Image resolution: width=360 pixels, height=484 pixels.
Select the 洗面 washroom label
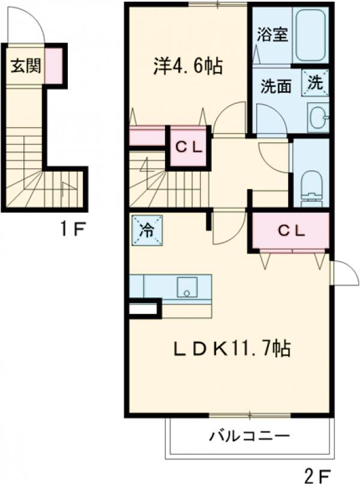coord(275,86)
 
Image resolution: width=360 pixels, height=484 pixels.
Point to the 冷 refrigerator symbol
coord(145,231)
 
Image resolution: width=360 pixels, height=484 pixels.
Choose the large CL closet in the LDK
coord(291,230)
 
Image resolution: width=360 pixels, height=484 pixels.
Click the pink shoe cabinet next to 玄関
coord(53,64)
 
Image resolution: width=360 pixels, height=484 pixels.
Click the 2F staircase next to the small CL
coord(156,180)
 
